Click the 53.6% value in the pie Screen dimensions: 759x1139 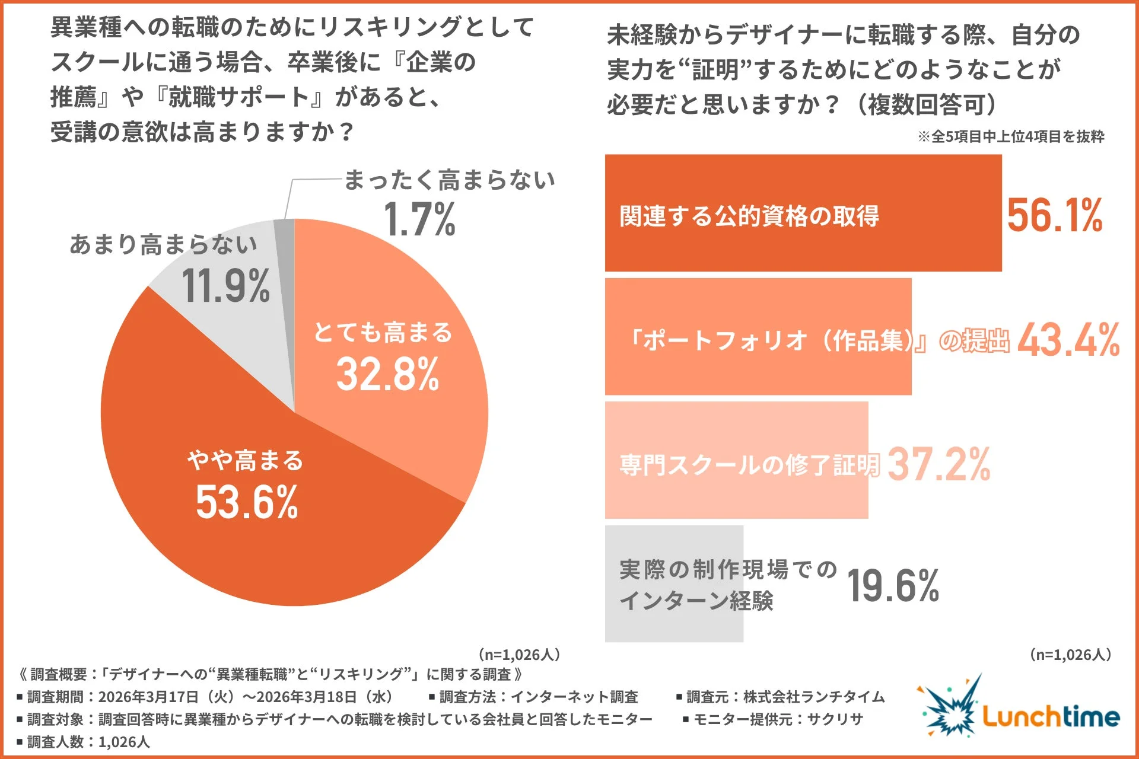click(247, 502)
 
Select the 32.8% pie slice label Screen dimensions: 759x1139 click(387, 375)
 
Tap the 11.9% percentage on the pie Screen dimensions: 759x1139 click(225, 286)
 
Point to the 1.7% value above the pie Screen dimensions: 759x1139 click(419, 219)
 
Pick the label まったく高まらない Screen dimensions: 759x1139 click(449, 180)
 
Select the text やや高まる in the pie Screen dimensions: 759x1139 click(246, 461)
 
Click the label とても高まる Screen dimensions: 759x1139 click(383, 332)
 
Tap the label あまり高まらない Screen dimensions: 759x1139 click(164, 244)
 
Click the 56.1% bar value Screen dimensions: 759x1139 click(1054, 215)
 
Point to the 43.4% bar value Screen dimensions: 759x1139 click(1068, 340)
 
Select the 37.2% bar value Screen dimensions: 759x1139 click(938, 464)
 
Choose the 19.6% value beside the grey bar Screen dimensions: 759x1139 click(893, 586)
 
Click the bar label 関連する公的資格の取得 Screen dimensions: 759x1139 click(749, 216)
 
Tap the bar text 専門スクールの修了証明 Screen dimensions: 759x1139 click(749, 464)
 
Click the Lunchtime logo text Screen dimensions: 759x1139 click(1051, 716)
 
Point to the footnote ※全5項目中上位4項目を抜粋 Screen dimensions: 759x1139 click(1011, 136)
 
